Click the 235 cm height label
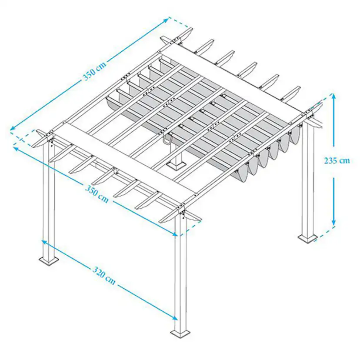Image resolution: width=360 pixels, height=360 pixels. [337, 160]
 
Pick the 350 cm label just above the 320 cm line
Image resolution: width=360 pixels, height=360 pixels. [97, 194]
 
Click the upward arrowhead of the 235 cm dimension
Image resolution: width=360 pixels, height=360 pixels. [333, 96]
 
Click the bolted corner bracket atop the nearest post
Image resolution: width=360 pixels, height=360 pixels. [183, 213]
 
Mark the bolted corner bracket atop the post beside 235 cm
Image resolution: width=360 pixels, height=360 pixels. [310, 114]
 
